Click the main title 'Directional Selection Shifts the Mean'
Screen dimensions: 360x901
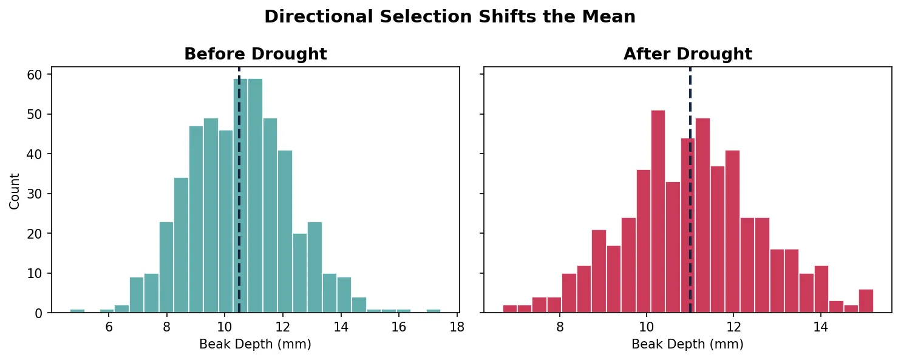pyautogui.click(x=450, y=17)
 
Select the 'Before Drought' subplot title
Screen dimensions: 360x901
pyautogui.click(x=255, y=55)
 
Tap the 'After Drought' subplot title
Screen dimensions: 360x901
pyautogui.click(x=687, y=55)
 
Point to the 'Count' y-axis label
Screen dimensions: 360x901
pyautogui.click(x=15, y=191)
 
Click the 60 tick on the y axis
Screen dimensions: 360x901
pyautogui.click(x=38, y=75)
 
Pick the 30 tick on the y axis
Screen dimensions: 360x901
pyautogui.click(x=38, y=194)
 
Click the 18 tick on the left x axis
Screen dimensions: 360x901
pyautogui.click(x=457, y=327)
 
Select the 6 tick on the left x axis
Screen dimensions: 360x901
pyautogui.click(x=109, y=327)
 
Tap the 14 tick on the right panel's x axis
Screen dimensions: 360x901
pyautogui.click(x=820, y=327)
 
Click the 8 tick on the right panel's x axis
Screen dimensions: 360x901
pyautogui.click(x=560, y=327)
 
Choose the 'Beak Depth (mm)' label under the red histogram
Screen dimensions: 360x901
pyautogui.click(x=687, y=345)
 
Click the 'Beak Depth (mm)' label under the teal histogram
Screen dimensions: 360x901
pyautogui.click(x=255, y=345)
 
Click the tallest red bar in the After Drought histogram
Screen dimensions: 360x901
pyautogui.click(x=658, y=212)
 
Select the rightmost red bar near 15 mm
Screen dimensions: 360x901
pyautogui.click(x=866, y=302)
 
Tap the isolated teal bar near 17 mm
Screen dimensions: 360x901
pyautogui.click(x=433, y=311)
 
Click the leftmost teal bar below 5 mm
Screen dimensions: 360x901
pyautogui.click(x=77, y=311)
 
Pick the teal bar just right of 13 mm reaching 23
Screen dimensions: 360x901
pyautogui.click(x=314, y=267)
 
